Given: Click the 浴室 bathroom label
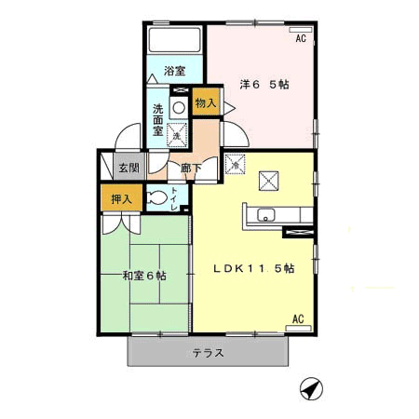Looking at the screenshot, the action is point(175,71).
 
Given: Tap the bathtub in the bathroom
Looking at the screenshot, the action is point(174,40).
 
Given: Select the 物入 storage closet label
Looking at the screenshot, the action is point(206,102).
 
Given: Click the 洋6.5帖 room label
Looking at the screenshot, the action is point(264,84).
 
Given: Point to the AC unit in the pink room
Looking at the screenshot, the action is point(301,30).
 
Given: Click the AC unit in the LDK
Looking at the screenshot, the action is point(298,328).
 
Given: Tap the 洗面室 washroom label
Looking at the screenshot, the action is point(157,120).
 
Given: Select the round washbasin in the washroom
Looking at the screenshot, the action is point(179,108).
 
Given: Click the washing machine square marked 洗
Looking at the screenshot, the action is point(177,135).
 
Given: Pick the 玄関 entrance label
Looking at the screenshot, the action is point(129,168).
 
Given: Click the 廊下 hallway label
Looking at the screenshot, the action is point(191,169).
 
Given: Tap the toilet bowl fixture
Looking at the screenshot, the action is point(156,197).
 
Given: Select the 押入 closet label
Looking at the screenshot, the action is point(122,199).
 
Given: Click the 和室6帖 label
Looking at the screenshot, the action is point(144,276).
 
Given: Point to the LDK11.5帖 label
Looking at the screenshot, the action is point(254,268).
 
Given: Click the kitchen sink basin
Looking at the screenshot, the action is point(265,215).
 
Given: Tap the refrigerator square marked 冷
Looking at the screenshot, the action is point(236,164).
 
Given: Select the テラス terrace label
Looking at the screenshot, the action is point(208,353).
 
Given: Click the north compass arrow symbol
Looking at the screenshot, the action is point(311,388).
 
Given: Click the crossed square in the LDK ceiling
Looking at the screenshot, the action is point(269,181).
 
